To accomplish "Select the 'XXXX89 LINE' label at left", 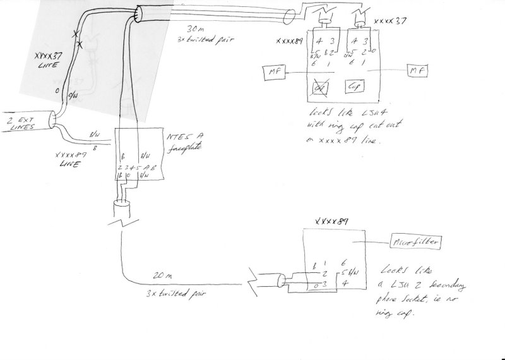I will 70,160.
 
